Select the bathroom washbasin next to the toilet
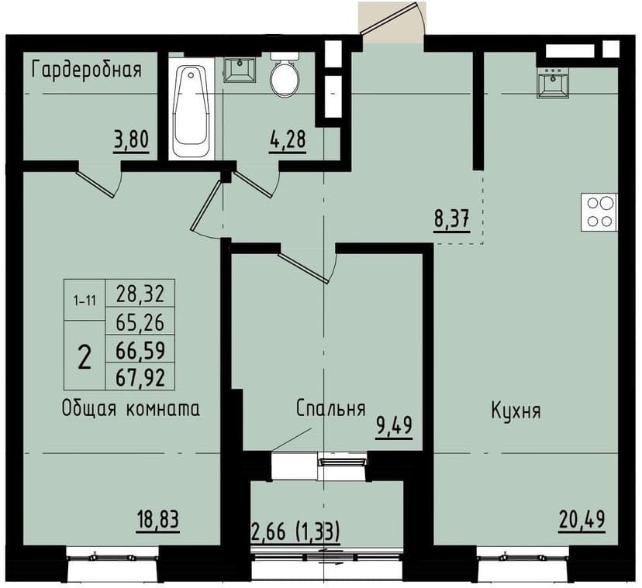[x=240, y=69]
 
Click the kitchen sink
[x=554, y=83]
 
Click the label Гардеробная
[x=86, y=70]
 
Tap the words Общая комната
[x=131, y=409]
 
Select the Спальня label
[x=330, y=409]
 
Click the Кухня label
[x=516, y=411]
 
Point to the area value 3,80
[x=130, y=142]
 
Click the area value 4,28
[x=286, y=142]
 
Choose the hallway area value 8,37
[x=450, y=220]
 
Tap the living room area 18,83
[x=158, y=519]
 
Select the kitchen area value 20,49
[x=579, y=519]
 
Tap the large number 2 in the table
[x=85, y=356]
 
